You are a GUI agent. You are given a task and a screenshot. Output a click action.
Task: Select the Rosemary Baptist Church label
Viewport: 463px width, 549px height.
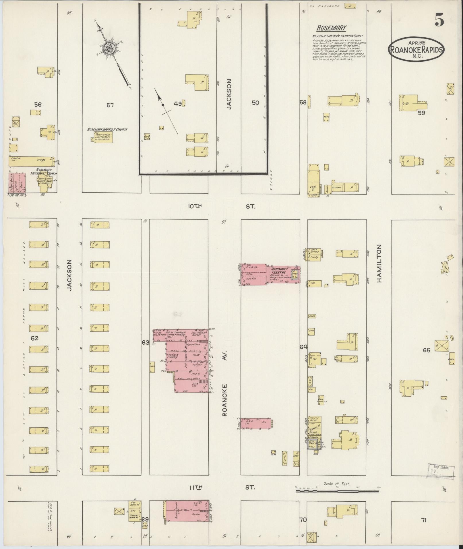[x=107, y=129]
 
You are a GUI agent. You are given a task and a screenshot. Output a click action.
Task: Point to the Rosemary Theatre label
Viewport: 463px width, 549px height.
[x=279, y=271]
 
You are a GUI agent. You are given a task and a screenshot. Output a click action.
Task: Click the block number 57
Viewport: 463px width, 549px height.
[x=110, y=105]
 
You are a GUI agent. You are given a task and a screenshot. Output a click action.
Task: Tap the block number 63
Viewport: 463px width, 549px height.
[x=146, y=342]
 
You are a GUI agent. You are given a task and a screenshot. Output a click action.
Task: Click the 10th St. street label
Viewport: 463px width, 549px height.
[x=221, y=206]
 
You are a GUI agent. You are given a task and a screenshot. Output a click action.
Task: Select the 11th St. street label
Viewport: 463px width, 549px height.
[x=221, y=487]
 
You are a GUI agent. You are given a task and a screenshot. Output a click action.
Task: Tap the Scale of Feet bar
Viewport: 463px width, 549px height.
[x=337, y=491]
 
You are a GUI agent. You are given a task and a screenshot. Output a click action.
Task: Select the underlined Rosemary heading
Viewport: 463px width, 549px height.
[x=332, y=28]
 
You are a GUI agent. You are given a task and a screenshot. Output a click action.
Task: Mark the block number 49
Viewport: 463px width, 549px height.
[x=178, y=104]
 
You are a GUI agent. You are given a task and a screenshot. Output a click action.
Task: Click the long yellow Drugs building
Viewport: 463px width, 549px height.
[x=31, y=161]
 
